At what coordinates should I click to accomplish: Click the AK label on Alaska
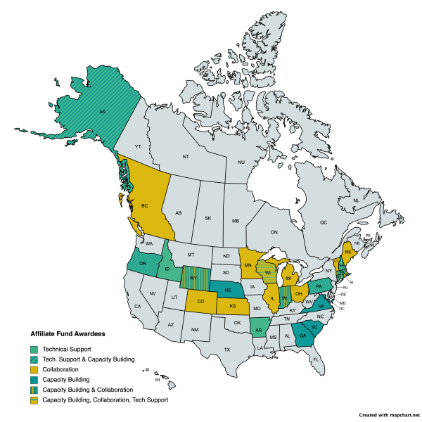(102, 112)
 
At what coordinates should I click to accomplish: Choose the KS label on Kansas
(233, 307)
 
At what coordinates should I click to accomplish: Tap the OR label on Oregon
(143, 264)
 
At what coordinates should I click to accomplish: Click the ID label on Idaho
(167, 271)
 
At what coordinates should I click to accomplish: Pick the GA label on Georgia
(302, 336)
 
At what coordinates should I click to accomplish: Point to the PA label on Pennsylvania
(319, 286)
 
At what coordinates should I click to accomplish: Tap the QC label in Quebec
(324, 222)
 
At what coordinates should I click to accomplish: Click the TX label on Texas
(227, 350)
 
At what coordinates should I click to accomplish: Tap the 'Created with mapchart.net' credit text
(389, 416)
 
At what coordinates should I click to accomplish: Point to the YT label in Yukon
(139, 146)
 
